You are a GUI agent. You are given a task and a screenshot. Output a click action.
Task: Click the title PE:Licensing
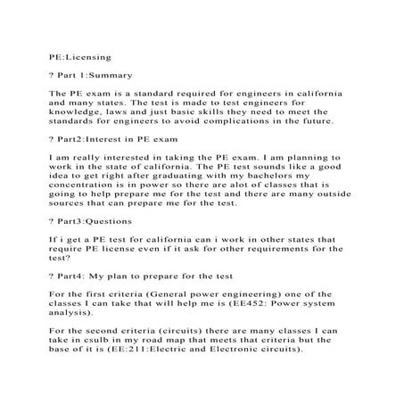click(78, 54)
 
